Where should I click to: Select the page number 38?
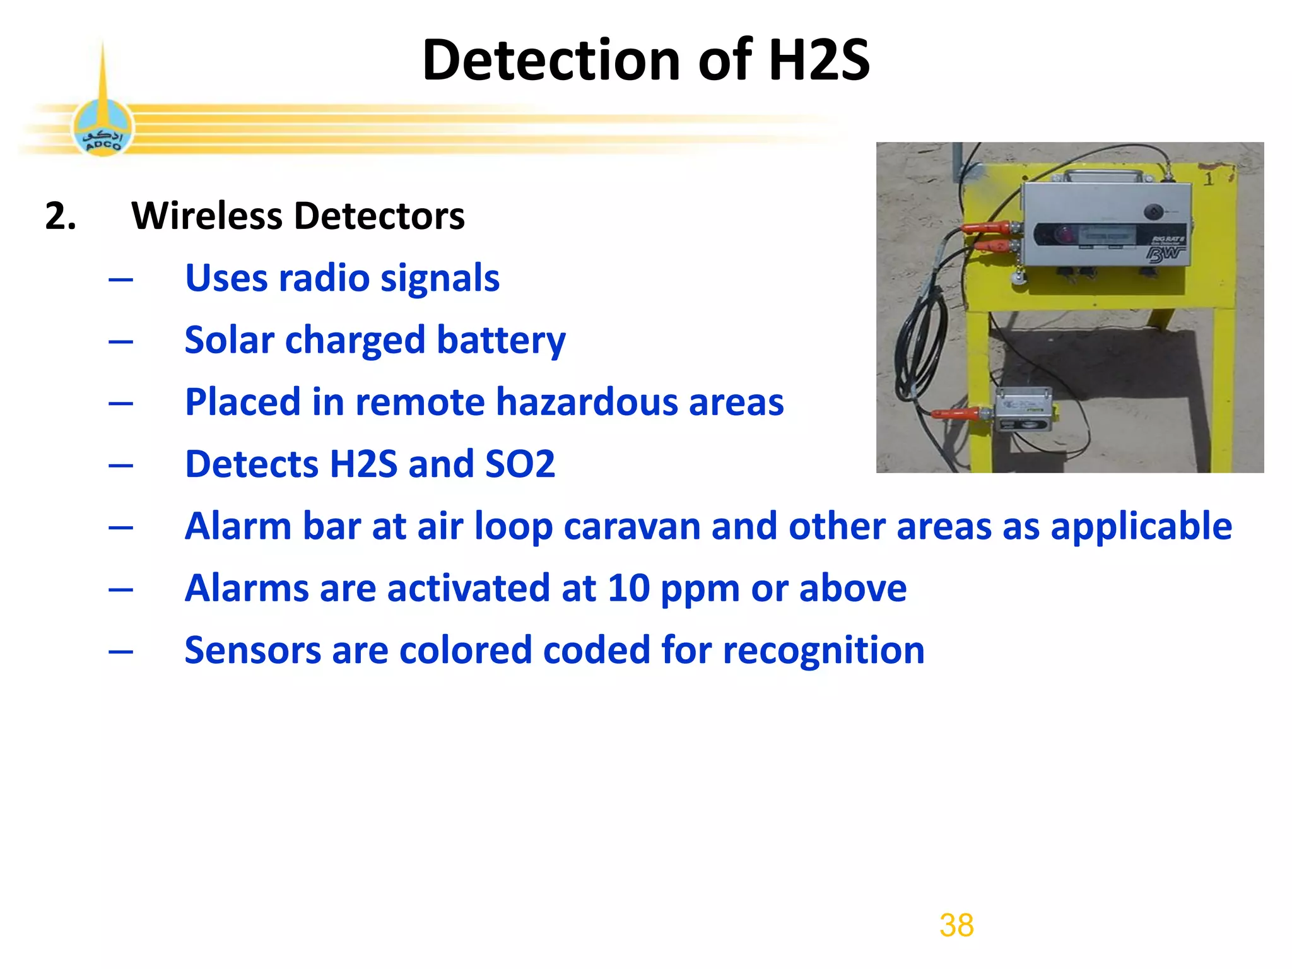point(956,925)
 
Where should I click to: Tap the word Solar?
point(229,341)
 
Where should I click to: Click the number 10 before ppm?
point(628,589)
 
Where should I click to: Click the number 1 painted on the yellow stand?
point(1208,179)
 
